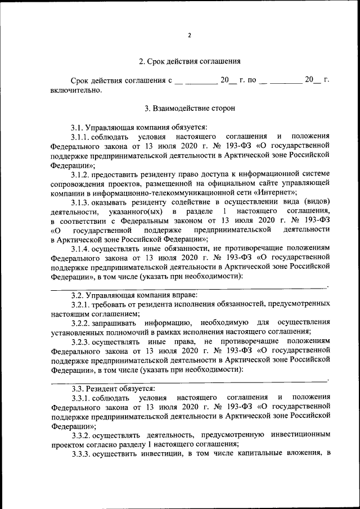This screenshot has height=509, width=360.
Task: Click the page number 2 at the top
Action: tap(190, 35)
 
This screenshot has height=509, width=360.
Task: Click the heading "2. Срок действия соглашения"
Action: tap(190, 61)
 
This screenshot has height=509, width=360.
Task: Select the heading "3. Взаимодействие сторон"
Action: tap(190, 108)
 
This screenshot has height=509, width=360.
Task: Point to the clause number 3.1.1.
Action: tap(81, 137)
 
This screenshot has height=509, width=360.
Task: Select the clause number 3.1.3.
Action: tap(81, 201)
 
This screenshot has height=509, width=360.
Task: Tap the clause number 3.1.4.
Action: tap(81, 248)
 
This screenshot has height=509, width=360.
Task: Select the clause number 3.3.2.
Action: tap(81, 435)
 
